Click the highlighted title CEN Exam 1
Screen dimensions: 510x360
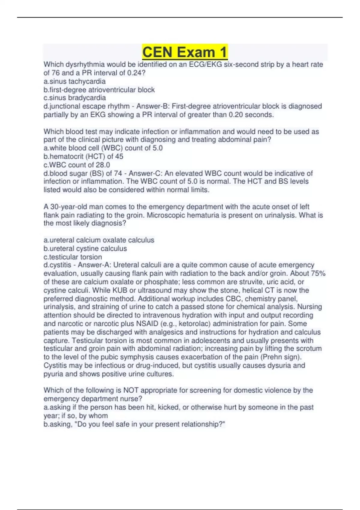tap(185, 52)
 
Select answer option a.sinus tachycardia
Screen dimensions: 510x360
tap(74, 81)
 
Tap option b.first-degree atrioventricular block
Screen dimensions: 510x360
tap(99, 90)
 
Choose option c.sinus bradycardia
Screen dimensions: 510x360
tap(74, 98)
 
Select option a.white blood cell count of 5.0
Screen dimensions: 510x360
tap(103, 148)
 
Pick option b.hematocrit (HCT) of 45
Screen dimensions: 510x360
tap(83, 156)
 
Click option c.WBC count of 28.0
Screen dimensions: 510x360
tap(76, 165)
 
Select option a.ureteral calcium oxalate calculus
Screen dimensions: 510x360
tap(99, 240)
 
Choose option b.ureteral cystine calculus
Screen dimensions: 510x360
tap(85, 248)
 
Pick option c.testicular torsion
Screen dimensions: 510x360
tap(73, 257)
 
